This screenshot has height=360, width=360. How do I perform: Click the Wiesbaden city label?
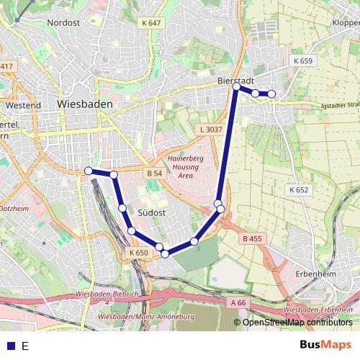(x=84, y=104)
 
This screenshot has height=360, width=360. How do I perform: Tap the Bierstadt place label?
(x=233, y=82)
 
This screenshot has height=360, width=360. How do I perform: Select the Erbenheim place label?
(x=315, y=274)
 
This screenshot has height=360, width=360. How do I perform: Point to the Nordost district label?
(x=63, y=23)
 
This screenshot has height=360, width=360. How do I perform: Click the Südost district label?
(x=152, y=213)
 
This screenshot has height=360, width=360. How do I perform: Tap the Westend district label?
(x=22, y=105)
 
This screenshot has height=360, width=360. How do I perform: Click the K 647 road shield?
(x=152, y=23)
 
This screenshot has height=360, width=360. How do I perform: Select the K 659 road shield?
(x=303, y=61)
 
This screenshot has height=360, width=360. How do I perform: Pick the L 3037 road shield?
(x=210, y=130)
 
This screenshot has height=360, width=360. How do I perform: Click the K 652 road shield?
(x=298, y=190)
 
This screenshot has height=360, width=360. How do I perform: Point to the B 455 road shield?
(x=253, y=238)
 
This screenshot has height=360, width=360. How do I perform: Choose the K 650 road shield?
(x=139, y=253)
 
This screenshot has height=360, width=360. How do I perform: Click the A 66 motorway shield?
(x=239, y=303)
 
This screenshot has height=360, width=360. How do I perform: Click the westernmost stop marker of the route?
(x=89, y=171)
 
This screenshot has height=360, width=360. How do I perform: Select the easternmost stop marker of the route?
(x=271, y=94)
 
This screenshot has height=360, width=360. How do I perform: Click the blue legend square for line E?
(x=10, y=346)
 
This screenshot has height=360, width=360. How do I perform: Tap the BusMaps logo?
(x=325, y=345)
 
